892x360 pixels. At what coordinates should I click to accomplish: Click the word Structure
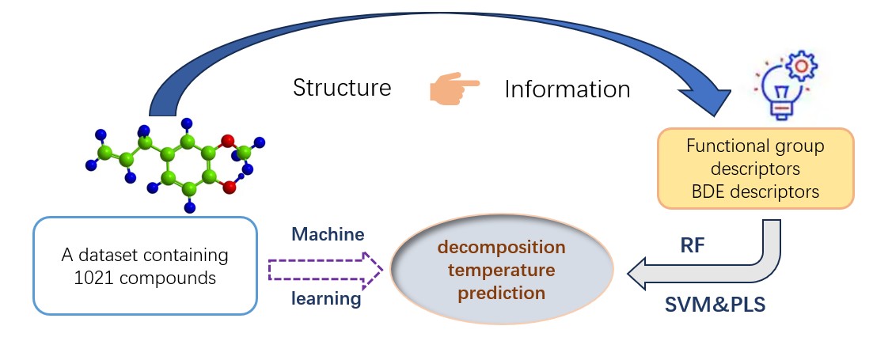342,87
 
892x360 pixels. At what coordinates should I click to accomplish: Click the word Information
567,89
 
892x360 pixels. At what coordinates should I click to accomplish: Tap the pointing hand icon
453,87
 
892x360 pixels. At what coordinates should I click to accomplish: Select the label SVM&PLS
715,305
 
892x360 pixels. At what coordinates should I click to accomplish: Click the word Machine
328,235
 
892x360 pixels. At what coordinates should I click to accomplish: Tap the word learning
326,299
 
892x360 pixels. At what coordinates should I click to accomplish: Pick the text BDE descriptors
755,191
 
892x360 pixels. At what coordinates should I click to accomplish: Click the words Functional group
755,146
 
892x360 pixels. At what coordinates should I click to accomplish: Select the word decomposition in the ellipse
502,248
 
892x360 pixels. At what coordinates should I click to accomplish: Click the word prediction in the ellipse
502,293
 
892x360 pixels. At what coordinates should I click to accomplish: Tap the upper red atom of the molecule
227,142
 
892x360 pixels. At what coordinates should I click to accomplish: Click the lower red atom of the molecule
229,187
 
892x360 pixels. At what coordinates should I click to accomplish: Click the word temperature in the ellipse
502,271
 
